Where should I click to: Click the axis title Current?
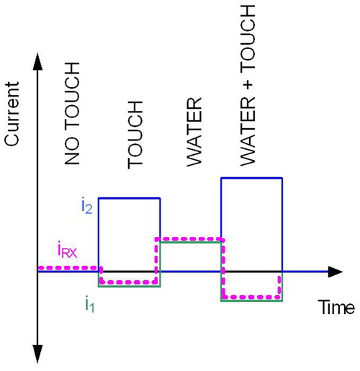12,114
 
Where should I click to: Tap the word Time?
336,308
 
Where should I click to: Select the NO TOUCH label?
72,113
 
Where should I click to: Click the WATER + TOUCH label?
248,86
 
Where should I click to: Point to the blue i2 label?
87,207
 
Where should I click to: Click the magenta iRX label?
68,251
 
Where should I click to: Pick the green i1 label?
90,305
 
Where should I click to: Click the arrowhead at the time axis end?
336,272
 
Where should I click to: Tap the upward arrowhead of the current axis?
37,62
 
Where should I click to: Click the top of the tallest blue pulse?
252,178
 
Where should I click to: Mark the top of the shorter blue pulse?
130,198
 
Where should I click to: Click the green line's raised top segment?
190,242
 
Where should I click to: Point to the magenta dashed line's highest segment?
189,239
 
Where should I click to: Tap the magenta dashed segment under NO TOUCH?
70,268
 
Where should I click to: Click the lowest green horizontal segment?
252,300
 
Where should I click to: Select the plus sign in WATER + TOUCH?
248,85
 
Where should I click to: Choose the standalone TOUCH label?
135,135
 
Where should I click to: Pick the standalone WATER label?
194,132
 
